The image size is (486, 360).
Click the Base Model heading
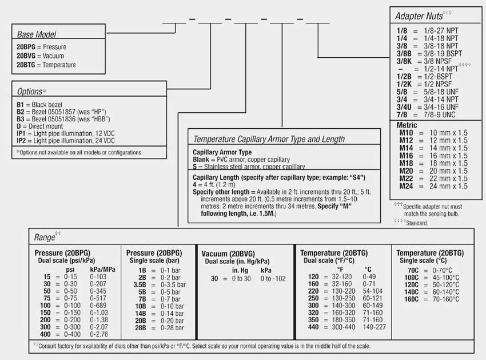coord(37,35)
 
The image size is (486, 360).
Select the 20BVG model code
coord(26,56)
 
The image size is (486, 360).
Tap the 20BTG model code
coord(26,65)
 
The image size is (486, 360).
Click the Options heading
coord(30,92)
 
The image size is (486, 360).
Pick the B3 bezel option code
coord(20,119)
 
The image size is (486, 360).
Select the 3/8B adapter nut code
coord(404,53)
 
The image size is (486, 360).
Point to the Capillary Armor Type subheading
coord(222,152)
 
